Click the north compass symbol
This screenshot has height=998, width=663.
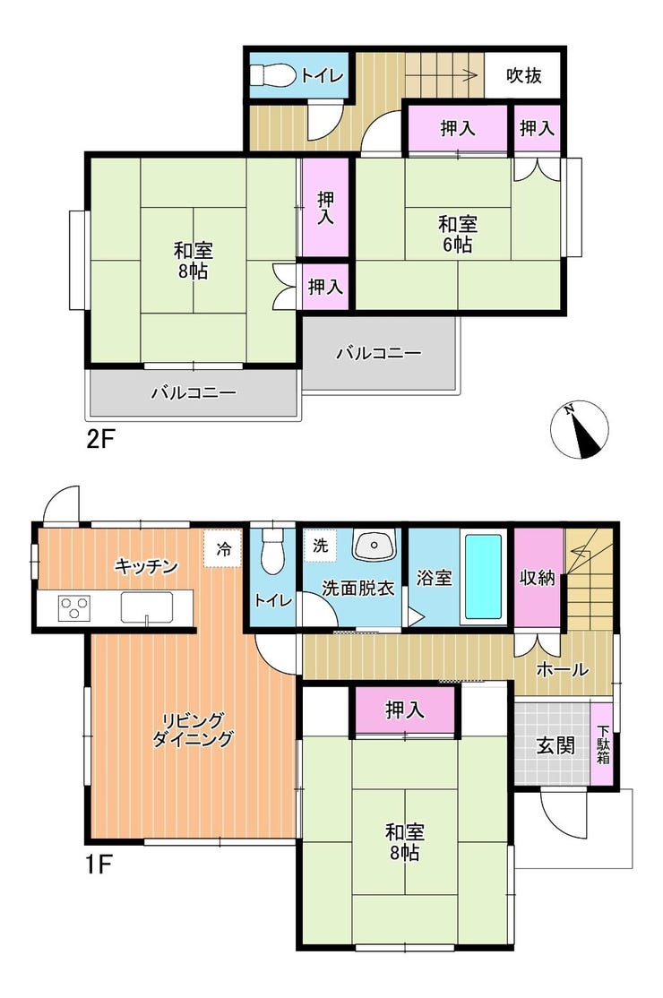[x=579, y=430]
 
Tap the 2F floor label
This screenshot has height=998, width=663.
[x=99, y=439]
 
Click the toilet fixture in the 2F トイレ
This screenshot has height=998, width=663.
[x=272, y=76]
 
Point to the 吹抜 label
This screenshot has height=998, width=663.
[x=523, y=75]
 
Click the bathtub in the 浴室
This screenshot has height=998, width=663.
[x=483, y=577]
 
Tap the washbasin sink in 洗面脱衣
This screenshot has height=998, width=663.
[x=375, y=546]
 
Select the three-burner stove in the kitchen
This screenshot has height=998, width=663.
[x=74, y=607]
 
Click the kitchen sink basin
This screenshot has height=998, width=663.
[x=147, y=607]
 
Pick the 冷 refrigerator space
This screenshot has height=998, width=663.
[x=223, y=548]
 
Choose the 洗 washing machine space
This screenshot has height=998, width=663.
[x=321, y=546]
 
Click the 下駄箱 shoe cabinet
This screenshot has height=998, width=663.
[x=602, y=744]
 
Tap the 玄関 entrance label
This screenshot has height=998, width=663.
[x=555, y=744]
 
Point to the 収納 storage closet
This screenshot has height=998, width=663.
[x=538, y=577]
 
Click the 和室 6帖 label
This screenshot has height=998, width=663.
[x=458, y=234]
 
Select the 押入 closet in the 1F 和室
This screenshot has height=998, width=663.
[x=405, y=710]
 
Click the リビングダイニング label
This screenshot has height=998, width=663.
[x=193, y=729]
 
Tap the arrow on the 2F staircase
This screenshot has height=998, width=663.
[x=442, y=76]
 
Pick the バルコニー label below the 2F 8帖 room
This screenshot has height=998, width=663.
[x=194, y=392]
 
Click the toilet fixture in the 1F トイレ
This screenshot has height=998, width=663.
[x=272, y=548]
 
